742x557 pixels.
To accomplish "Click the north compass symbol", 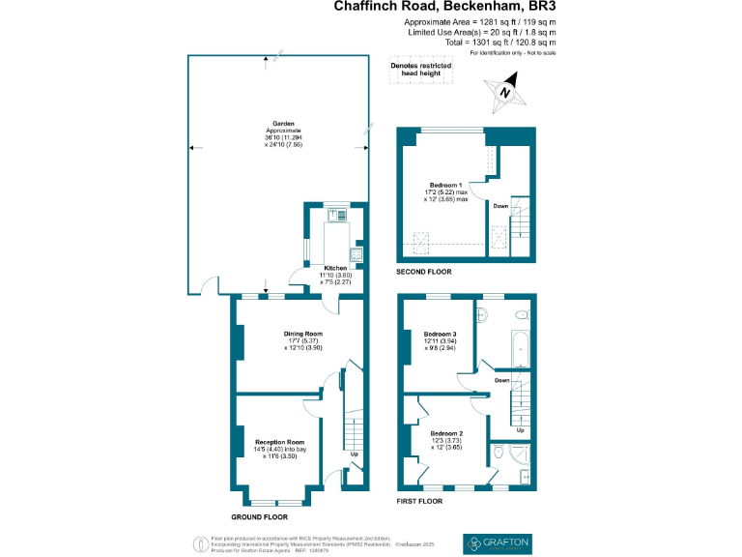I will tap(505, 93).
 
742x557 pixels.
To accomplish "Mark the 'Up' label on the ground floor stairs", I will tap(354, 454).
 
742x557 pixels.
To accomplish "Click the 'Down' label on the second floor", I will tap(500, 206).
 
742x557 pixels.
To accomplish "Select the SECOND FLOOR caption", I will tap(426, 272).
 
